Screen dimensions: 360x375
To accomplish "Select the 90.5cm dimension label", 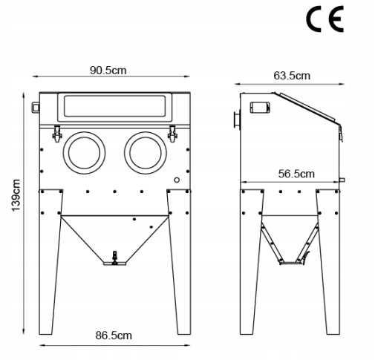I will (108, 71).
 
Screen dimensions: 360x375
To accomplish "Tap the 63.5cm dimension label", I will (291, 75).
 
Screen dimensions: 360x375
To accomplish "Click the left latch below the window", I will (56, 134).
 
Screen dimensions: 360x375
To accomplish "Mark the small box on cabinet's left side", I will (35, 107).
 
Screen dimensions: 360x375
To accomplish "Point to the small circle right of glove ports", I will (176, 180).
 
